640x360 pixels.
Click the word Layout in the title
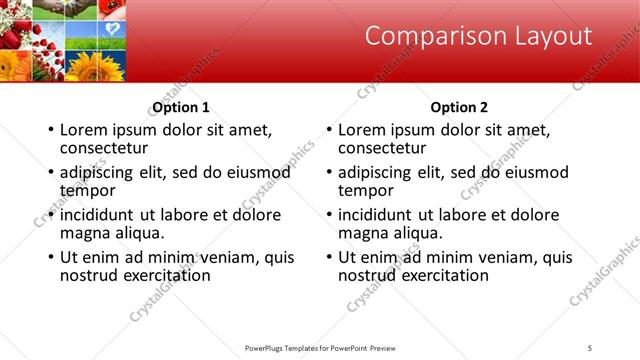(548, 37)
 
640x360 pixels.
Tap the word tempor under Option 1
(88, 190)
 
